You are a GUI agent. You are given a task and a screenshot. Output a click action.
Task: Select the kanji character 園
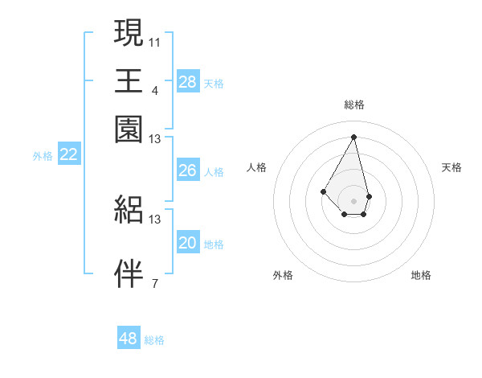tap(129, 129)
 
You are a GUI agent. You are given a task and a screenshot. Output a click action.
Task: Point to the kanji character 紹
tap(129, 209)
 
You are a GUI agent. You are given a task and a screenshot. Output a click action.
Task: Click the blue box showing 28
tap(187, 82)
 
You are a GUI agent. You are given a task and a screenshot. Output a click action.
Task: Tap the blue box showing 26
tap(187, 171)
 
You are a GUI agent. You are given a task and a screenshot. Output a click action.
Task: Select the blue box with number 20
tap(187, 243)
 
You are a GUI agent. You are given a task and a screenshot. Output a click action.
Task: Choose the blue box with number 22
tap(68, 155)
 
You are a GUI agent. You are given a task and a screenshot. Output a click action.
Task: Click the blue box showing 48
tap(128, 339)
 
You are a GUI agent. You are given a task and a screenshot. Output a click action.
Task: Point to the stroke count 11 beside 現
tap(155, 41)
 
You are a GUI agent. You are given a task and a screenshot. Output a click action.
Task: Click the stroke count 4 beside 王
tap(154, 90)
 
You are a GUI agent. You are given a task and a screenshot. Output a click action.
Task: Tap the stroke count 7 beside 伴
tap(154, 283)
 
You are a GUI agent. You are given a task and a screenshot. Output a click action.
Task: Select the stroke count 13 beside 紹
tap(155, 219)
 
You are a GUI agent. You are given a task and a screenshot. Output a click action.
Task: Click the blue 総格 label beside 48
tap(154, 340)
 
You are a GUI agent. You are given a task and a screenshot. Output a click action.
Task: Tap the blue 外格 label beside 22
tap(42, 156)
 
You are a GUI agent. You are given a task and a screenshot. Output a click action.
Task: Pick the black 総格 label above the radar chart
tap(354, 105)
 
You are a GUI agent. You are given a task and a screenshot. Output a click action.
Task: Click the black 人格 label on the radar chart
tap(257, 167)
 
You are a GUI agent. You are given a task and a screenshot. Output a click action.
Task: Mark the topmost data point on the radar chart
tap(354, 136)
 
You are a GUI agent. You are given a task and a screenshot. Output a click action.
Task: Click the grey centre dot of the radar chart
tap(354, 200)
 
